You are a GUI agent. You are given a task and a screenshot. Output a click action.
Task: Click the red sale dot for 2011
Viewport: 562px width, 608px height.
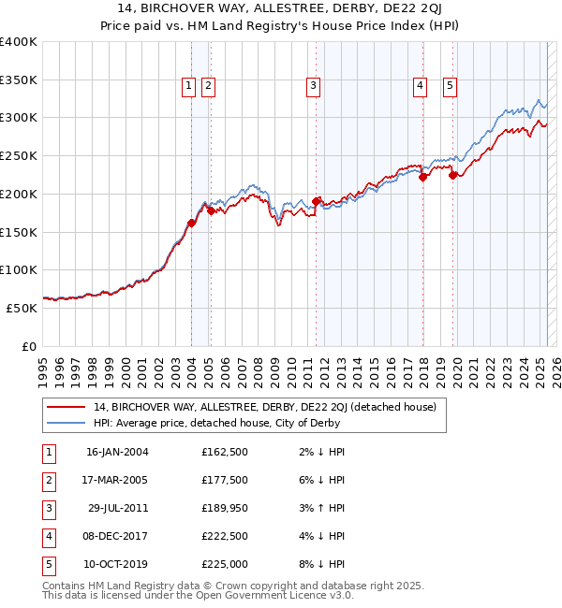click(x=317, y=201)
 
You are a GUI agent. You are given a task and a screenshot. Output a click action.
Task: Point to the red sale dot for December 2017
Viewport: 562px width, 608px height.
click(x=422, y=177)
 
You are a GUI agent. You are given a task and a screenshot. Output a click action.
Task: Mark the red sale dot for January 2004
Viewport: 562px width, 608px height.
click(x=191, y=223)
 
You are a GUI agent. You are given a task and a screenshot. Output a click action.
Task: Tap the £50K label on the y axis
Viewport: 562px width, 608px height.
click(x=22, y=308)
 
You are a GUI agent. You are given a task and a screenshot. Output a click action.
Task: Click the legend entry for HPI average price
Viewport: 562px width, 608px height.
click(x=216, y=423)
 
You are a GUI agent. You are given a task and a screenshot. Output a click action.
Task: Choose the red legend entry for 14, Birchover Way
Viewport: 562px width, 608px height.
click(x=271, y=407)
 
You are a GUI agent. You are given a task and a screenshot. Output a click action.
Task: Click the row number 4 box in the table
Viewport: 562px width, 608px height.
click(x=47, y=537)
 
